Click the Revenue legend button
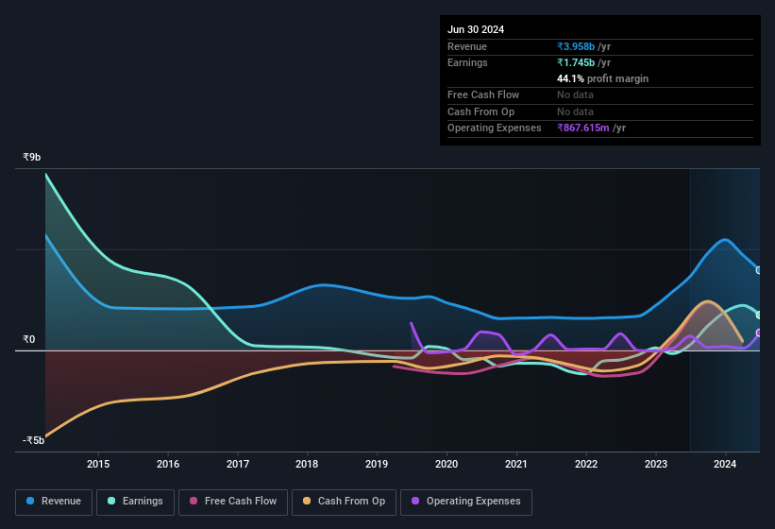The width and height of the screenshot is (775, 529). [x=54, y=501]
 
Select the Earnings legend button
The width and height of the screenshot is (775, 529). [x=134, y=501]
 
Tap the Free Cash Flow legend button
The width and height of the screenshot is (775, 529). [x=232, y=501]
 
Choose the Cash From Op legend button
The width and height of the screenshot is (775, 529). [x=345, y=501]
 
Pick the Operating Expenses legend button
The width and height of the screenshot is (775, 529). [x=466, y=501]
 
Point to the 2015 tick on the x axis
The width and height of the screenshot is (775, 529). [x=98, y=464]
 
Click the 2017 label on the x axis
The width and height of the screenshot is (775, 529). [x=238, y=464]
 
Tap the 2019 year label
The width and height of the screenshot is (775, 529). [x=377, y=464]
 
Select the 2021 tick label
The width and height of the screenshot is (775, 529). [x=516, y=464]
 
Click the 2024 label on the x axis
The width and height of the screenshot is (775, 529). [x=725, y=464]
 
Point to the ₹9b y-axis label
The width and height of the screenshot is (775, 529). [x=32, y=158]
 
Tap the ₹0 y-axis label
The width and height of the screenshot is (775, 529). [x=28, y=339]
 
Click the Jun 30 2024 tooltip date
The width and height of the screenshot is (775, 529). [x=476, y=29]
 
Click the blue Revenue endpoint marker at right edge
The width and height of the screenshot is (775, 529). [x=759, y=270]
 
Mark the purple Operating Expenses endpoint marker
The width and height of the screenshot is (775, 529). [x=759, y=333]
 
